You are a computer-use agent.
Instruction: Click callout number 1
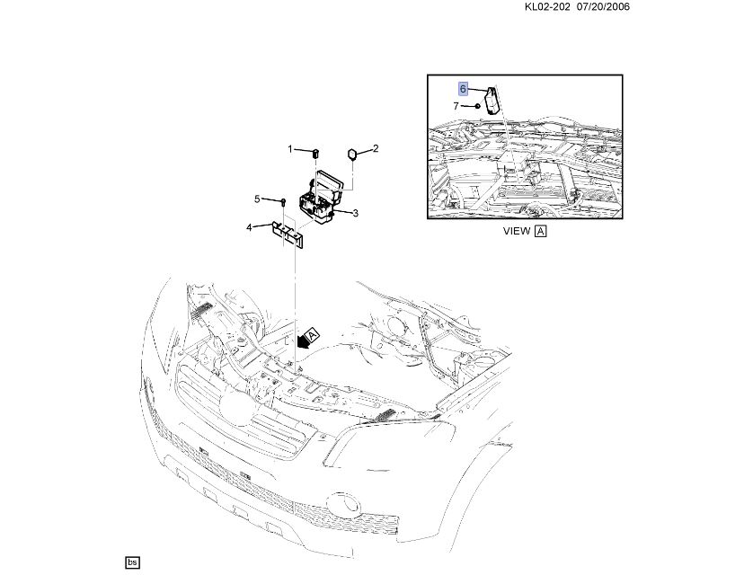click(290, 149)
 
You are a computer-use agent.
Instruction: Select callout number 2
click(376, 148)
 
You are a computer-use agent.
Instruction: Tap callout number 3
click(355, 213)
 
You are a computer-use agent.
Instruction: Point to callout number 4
click(249, 227)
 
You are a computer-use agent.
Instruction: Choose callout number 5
click(257, 199)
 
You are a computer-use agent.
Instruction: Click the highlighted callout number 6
click(463, 89)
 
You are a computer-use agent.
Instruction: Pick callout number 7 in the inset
click(456, 106)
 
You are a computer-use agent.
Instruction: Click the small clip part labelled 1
click(316, 154)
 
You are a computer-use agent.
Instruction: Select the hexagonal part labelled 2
click(352, 154)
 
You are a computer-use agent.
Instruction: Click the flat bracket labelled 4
click(288, 234)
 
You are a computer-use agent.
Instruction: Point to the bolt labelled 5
click(283, 201)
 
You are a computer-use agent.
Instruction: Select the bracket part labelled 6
click(492, 101)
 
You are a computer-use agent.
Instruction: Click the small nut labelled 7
click(477, 106)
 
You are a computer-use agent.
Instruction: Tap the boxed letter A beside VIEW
click(541, 231)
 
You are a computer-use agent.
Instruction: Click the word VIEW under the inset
click(517, 231)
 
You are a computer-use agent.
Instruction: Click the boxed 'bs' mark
click(132, 562)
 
